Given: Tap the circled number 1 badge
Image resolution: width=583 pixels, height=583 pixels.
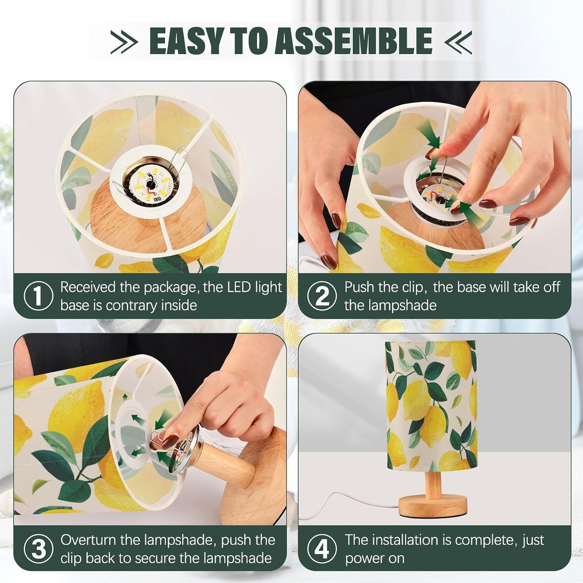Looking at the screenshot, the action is click(38, 296).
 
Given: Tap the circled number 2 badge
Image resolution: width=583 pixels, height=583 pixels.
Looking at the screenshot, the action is click(322, 296).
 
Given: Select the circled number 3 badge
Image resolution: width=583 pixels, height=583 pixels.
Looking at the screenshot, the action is click(38, 548).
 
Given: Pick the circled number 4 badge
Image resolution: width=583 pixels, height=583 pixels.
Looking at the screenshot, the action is click(322, 548).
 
